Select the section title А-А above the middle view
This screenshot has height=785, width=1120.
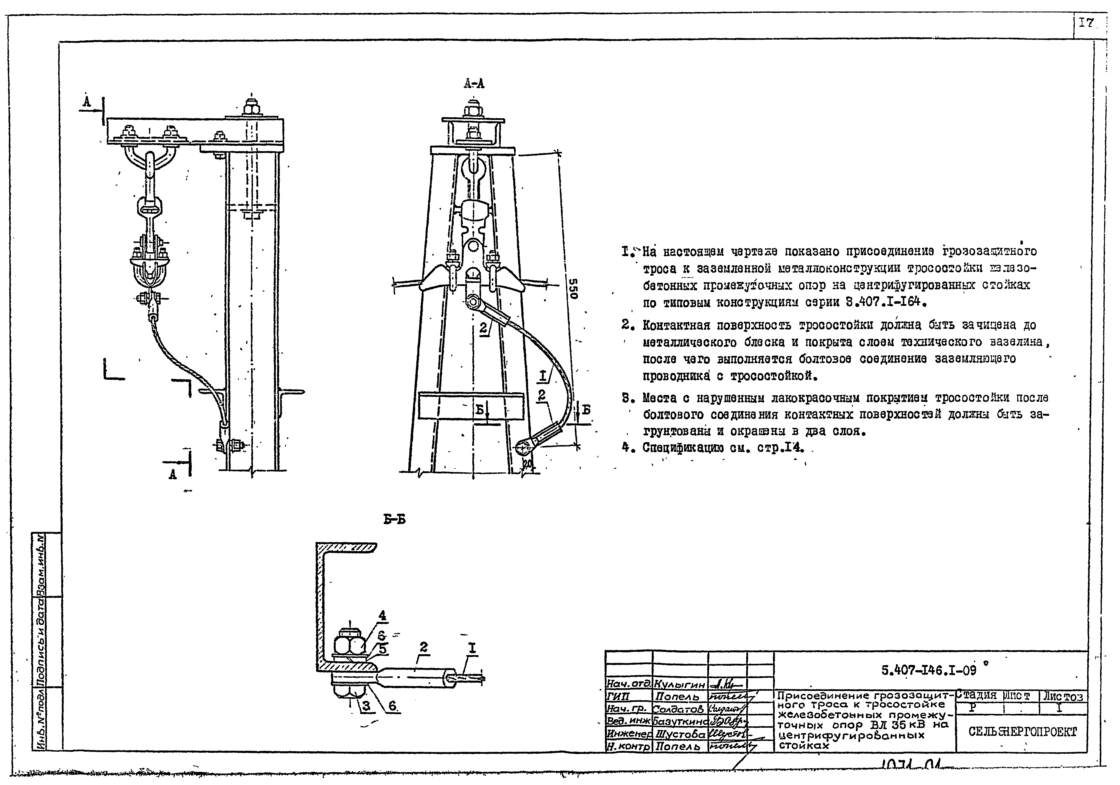click(474, 84)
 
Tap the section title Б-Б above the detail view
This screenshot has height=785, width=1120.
click(394, 520)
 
